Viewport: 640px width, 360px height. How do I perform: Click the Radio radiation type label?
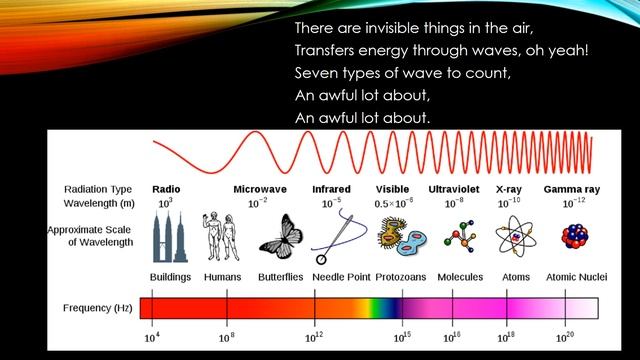[x=165, y=188]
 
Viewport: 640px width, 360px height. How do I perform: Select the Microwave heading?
[x=259, y=188]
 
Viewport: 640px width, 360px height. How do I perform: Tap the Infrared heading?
[x=331, y=188]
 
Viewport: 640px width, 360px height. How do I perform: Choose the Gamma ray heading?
[x=570, y=188]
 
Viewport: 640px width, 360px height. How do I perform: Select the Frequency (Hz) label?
[x=97, y=308]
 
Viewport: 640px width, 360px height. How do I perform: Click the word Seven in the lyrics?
[x=316, y=73]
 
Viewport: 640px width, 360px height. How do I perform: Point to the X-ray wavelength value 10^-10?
[x=510, y=203]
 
